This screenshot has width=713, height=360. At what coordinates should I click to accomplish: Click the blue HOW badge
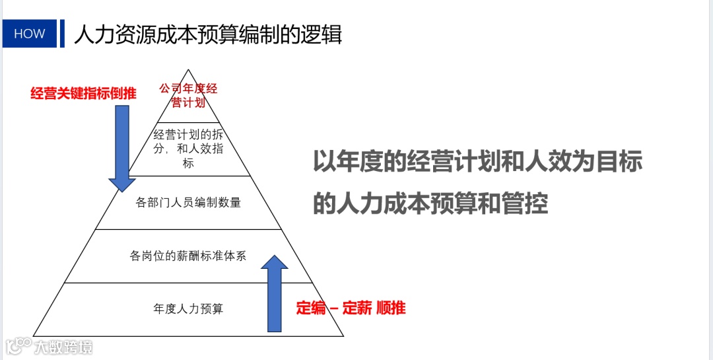30,34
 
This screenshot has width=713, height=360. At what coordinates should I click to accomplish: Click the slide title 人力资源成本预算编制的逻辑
208,34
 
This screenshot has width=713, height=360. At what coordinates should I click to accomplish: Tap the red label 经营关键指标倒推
83,93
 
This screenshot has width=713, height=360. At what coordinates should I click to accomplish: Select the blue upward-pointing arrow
275,294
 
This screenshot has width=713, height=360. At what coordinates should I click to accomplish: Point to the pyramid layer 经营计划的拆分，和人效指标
188,149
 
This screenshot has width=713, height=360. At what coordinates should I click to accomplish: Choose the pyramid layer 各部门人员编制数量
188,203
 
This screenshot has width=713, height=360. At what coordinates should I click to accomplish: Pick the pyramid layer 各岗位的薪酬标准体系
188,256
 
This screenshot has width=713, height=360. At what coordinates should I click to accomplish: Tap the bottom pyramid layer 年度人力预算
188,308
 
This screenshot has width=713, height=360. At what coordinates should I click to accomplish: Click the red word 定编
311,307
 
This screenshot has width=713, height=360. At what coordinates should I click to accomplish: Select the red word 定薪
356,307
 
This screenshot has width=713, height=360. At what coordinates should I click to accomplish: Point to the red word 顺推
391,307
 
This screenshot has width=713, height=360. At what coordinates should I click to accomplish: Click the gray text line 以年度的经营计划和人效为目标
477,162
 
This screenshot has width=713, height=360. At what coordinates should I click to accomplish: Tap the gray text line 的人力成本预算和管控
430,204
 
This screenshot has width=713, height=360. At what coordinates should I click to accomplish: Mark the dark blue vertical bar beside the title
62,34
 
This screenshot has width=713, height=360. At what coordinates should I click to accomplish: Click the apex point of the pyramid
189,71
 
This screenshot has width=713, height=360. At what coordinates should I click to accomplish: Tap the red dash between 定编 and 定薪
334,308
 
